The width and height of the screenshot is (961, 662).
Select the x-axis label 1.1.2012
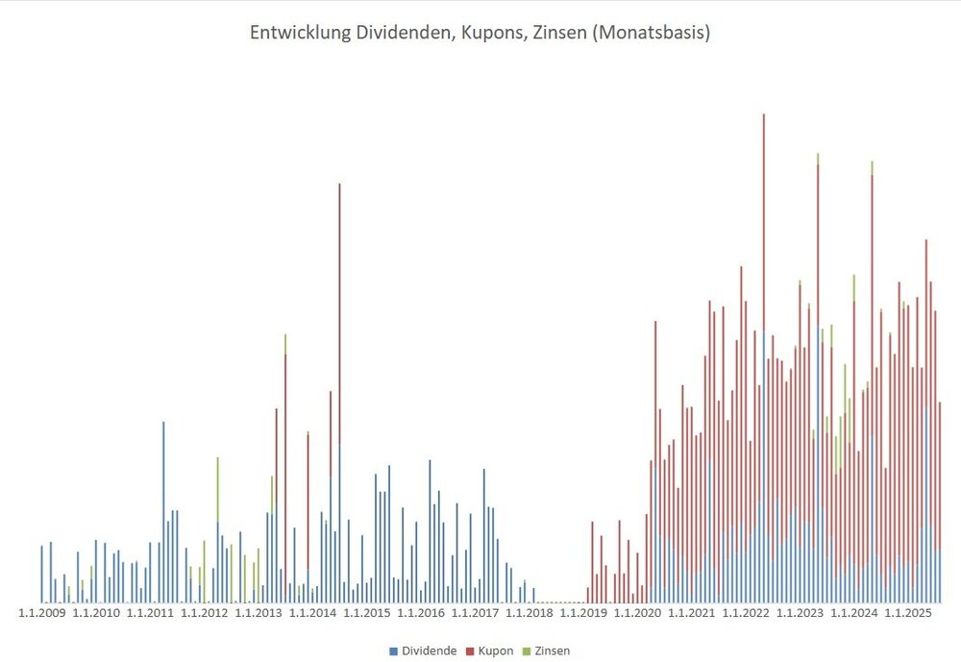pos(204,612)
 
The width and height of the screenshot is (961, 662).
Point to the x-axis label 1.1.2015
pos(367,612)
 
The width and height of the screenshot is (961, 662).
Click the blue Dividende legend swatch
pos(394,651)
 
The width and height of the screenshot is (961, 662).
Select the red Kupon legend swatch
pos(470,651)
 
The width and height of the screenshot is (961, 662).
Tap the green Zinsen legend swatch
pos(527,651)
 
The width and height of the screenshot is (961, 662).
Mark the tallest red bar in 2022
pos(764,288)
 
